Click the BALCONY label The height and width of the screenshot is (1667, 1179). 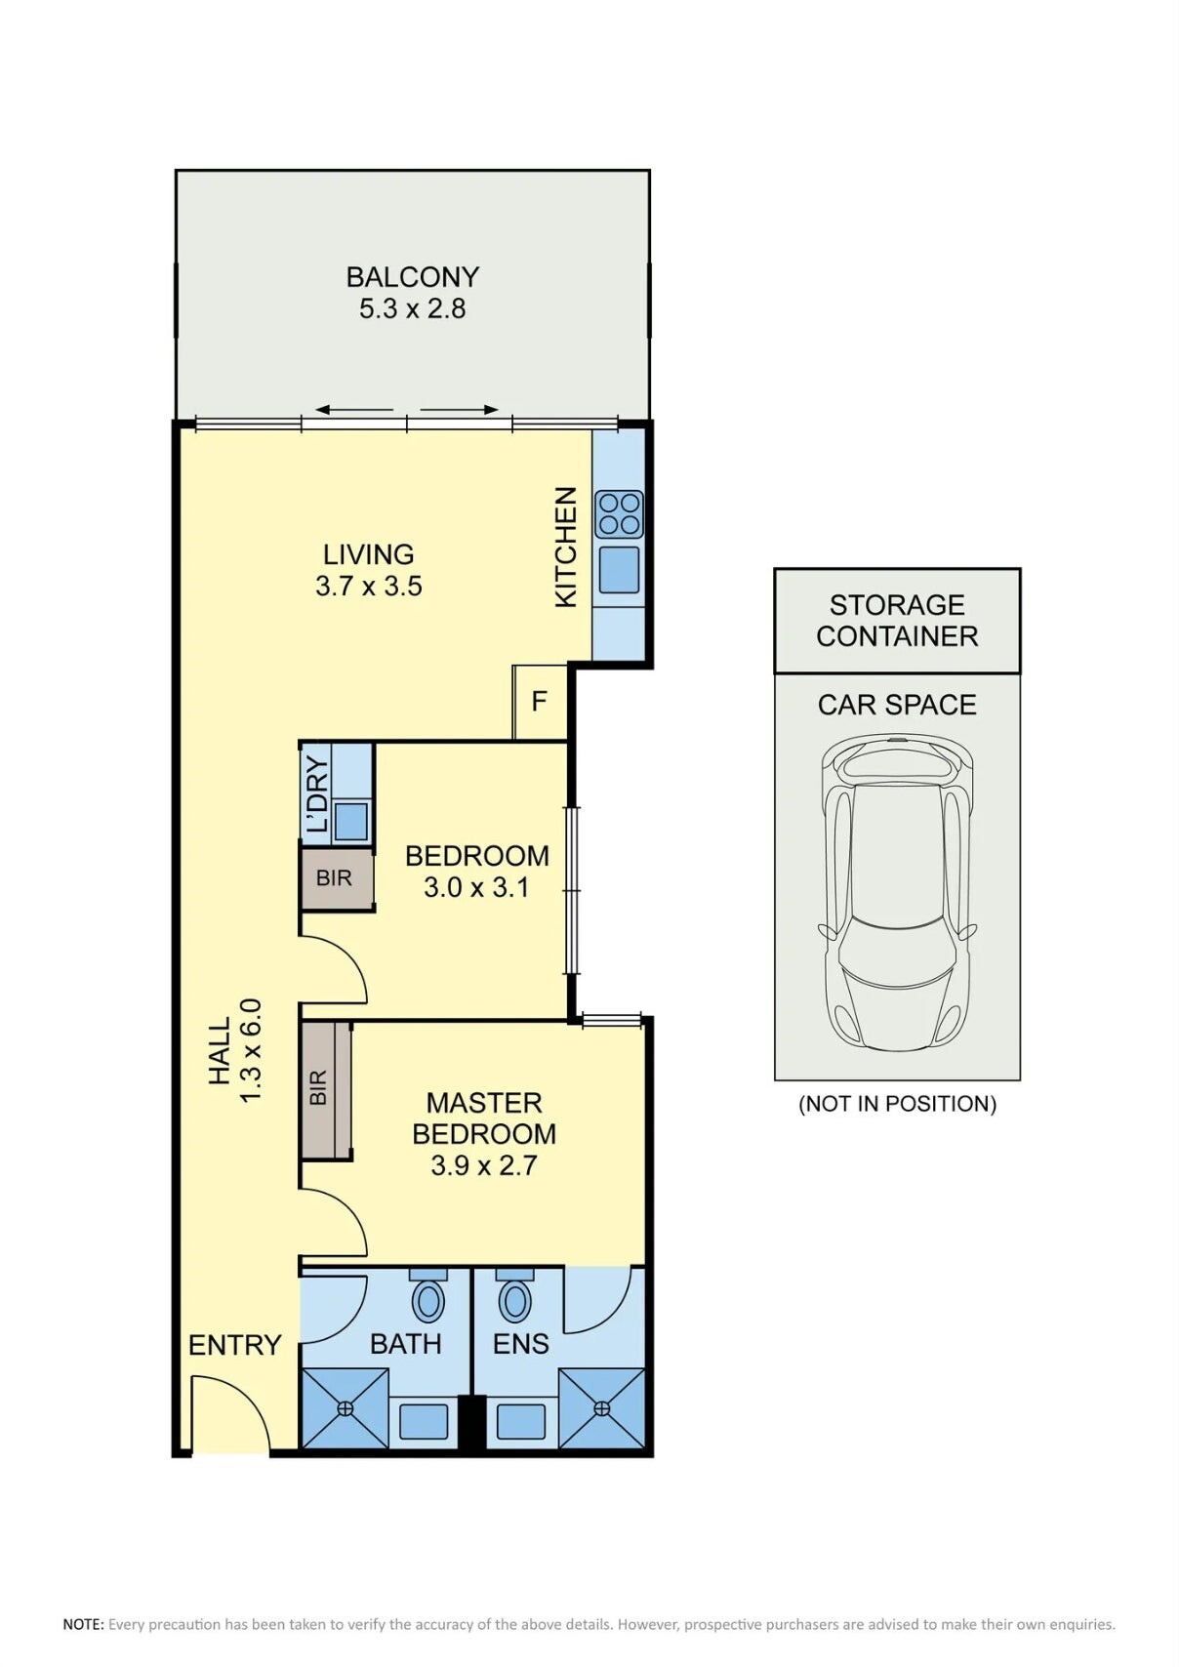tap(412, 277)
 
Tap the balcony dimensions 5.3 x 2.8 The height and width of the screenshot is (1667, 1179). tap(412, 309)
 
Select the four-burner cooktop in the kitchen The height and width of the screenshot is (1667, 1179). tap(619, 514)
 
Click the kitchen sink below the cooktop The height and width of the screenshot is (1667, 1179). tap(619, 570)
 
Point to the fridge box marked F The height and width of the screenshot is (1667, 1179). tap(540, 702)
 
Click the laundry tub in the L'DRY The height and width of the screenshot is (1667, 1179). tap(351, 820)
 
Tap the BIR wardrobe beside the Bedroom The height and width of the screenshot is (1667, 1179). tap(335, 878)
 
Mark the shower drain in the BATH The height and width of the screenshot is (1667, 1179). tap(345, 1408)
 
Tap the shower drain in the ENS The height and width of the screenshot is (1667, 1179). tap(601, 1408)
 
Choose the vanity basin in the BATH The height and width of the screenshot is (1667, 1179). tap(424, 1422)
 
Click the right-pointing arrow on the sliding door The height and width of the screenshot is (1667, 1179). tap(461, 410)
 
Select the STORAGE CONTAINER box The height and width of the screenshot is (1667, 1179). tap(897, 621)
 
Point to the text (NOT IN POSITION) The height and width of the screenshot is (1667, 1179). tap(897, 1104)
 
